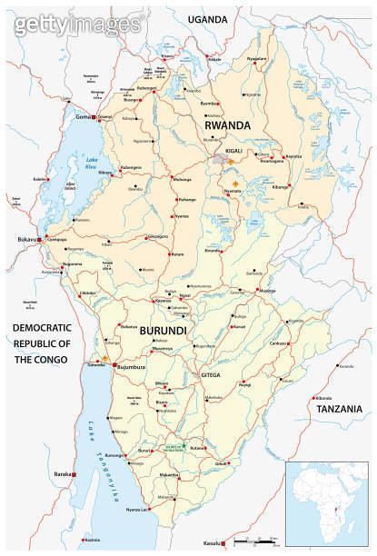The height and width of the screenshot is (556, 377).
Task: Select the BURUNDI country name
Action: tap(163, 333)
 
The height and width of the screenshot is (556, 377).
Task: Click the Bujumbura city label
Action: tap(131, 367)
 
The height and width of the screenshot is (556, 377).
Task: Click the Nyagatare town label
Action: tap(257, 58)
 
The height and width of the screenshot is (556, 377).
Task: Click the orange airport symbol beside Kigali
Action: tap(231, 161)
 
